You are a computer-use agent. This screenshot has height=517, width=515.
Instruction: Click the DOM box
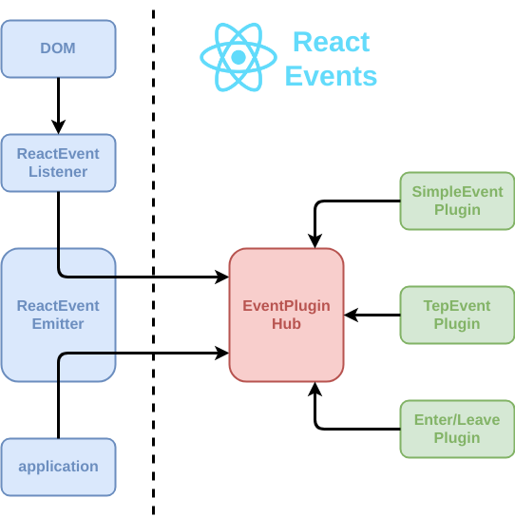tap(58, 48)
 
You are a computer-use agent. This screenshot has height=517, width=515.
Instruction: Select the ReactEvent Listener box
tap(58, 163)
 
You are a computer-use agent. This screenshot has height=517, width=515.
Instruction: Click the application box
tap(58, 467)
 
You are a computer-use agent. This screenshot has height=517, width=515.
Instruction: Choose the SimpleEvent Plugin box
tap(457, 201)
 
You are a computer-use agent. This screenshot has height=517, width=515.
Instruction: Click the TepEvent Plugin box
tap(457, 315)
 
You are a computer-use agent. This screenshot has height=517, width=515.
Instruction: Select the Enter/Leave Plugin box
tap(457, 429)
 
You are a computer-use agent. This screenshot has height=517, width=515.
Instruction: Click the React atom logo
tap(238, 58)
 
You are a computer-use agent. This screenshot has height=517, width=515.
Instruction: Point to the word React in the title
tap(331, 42)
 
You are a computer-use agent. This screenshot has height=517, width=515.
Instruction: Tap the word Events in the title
tap(331, 76)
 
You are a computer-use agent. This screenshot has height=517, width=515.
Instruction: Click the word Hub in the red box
tap(286, 324)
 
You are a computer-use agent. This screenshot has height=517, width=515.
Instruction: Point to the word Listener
tap(58, 172)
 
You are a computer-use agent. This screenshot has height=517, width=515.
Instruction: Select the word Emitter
tap(58, 324)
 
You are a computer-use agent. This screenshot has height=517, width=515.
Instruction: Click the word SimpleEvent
tap(457, 191)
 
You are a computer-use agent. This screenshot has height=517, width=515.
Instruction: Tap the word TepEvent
tap(457, 305)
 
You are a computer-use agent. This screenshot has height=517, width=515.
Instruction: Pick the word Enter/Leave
tap(457, 419)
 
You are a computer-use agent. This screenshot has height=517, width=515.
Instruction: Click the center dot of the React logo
tap(238, 58)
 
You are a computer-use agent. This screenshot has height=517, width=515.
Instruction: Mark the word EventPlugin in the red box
tap(286, 305)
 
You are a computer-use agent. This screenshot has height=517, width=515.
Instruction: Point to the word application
tap(58, 467)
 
